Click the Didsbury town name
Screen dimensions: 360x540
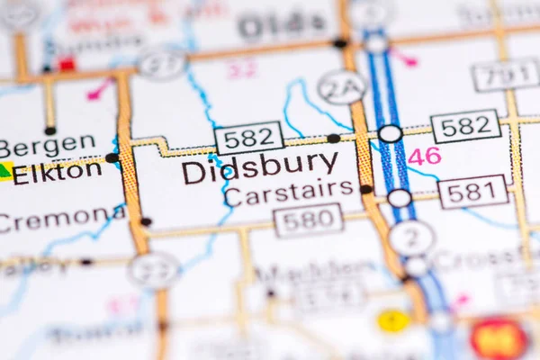(x=260, y=167)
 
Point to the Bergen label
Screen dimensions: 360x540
(x=47, y=144)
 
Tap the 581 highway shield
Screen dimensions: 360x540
(x=472, y=192)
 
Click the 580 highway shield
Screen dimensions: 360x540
(x=308, y=220)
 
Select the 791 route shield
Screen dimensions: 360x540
(x=505, y=76)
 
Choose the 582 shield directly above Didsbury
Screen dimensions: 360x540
(x=249, y=138)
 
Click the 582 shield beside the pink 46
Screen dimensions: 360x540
(x=465, y=126)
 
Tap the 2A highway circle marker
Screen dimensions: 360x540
(x=342, y=87)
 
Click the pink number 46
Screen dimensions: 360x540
(x=424, y=156)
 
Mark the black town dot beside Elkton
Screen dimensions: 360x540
(x=112, y=158)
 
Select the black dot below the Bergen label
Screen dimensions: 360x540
(x=49, y=130)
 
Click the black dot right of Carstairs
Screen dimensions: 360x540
(x=366, y=189)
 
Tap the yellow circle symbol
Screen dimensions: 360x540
(x=392, y=320)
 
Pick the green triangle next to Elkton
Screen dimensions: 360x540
(x=5, y=170)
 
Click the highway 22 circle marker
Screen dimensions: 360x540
(x=154, y=269)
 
